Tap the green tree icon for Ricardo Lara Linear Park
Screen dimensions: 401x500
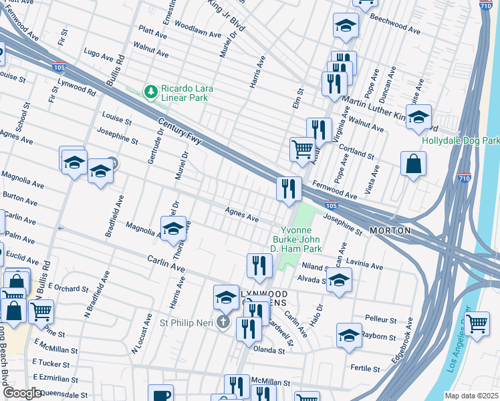(x=152, y=91)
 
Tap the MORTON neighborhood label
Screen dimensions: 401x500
(x=388, y=231)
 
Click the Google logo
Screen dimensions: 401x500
(x=22, y=393)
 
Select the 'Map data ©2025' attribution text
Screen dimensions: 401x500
(x=471, y=396)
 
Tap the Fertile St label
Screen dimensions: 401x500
(x=365, y=368)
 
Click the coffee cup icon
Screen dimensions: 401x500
(x=160, y=394)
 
